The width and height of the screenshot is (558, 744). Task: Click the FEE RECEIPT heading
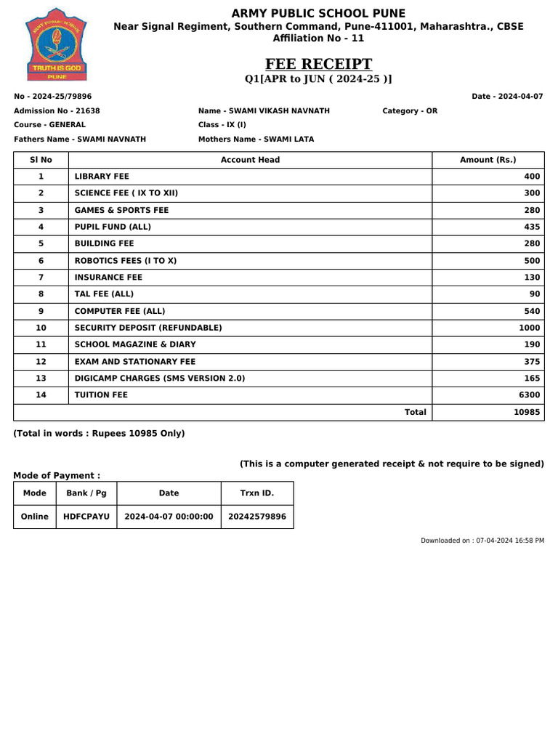tap(319, 64)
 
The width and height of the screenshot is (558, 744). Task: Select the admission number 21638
tap(88, 111)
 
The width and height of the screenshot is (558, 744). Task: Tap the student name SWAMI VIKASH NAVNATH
tap(279, 111)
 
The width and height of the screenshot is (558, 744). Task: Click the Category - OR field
tap(410, 111)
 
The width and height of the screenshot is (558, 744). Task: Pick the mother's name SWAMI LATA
tap(288, 139)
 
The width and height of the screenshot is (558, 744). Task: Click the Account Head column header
tap(250, 160)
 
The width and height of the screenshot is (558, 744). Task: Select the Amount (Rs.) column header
tap(488, 160)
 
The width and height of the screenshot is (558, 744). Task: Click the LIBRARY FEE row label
tap(102, 177)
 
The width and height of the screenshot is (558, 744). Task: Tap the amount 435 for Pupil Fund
tap(532, 227)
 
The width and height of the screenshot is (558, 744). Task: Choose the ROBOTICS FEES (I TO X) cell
tap(126, 261)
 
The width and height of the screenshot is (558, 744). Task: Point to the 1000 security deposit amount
tap(529, 328)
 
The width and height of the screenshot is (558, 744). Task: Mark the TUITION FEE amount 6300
tap(530, 395)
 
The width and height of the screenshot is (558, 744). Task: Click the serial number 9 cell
tap(41, 311)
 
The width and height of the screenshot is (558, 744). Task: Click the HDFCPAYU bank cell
tap(86, 517)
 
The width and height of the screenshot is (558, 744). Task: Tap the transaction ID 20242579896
tap(257, 517)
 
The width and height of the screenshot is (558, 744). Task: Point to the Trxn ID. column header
tap(257, 493)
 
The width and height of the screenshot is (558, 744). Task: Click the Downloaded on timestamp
tap(482, 541)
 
